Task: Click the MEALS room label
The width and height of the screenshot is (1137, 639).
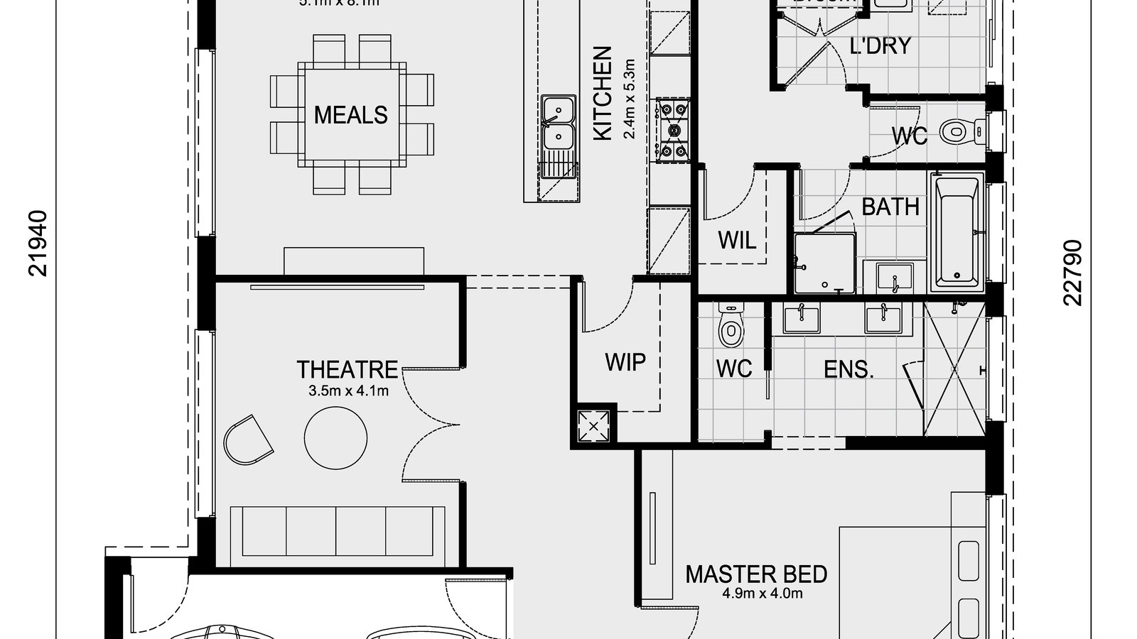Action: click(x=350, y=115)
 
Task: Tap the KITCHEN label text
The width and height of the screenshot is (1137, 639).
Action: click(x=602, y=93)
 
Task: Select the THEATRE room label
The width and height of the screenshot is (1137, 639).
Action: click(x=347, y=370)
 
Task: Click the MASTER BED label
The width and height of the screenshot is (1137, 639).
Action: click(x=755, y=574)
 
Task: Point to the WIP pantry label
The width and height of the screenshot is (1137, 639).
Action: click(x=625, y=363)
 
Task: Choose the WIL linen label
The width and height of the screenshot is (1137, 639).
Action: click(x=737, y=240)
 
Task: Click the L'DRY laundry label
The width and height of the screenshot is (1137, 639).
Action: click(x=880, y=46)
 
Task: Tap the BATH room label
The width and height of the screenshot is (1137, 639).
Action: click(x=890, y=207)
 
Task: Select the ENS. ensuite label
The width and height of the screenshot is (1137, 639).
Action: click(x=848, y=369)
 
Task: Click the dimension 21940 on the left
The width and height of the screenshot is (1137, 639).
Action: click(x=38, y=243)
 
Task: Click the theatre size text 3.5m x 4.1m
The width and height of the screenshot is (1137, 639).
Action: click(x=348, y=390)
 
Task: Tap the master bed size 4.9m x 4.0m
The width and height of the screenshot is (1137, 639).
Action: click(x=755, y=593)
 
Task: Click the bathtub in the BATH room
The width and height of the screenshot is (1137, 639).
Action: click(x=957, y=231)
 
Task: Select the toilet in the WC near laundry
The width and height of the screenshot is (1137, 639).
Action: click(x=959, y=131)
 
